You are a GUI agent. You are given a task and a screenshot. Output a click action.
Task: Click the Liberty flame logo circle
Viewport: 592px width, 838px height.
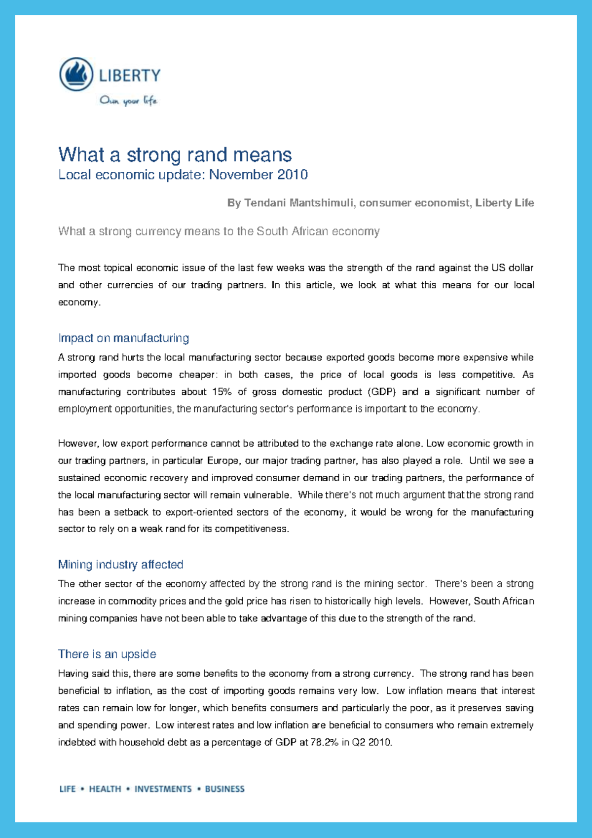click(76, 75)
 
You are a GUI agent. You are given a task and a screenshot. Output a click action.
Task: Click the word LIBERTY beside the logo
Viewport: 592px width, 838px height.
click(130, 76)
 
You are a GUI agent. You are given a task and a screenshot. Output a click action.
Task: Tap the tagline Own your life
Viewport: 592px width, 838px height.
click(128, 101)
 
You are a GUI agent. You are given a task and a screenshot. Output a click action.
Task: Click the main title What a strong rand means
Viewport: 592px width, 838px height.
click(175, 155)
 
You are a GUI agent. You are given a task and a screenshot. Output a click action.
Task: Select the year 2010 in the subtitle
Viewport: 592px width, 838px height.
click(293, 175)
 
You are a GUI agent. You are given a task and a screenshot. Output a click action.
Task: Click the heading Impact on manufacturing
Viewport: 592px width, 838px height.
click(123, 338)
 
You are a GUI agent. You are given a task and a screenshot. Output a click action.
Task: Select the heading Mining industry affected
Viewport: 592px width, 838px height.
click(120, 565)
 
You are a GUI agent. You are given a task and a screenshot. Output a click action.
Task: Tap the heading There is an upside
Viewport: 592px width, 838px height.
click(107, 654)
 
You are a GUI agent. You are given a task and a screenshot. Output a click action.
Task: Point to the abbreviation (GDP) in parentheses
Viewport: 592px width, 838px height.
click(381, 392)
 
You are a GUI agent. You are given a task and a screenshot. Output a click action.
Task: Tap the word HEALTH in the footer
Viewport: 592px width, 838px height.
click(105, 789)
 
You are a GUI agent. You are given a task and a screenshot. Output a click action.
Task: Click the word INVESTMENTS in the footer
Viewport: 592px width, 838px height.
click(163, 789)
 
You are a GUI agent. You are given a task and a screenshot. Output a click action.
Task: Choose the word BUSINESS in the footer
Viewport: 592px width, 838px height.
click(224, 789)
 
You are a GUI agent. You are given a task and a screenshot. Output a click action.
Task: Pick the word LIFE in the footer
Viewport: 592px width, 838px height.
click(68, 789)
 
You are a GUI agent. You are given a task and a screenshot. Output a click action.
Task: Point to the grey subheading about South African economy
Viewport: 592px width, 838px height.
click(219, 231)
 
